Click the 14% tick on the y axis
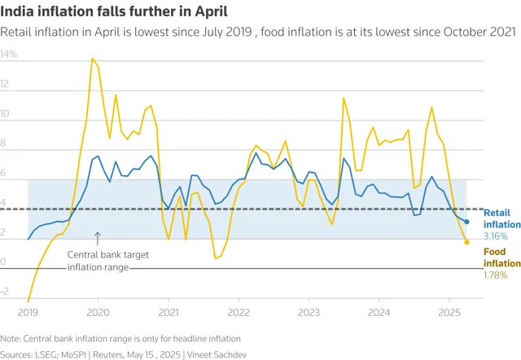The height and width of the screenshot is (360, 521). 8,55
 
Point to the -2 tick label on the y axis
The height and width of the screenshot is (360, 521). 5,291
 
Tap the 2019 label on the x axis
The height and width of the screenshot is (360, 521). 28,311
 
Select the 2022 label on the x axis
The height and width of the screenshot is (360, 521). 239,311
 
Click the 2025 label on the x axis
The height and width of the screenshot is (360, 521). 449,311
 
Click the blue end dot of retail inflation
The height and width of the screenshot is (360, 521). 466,222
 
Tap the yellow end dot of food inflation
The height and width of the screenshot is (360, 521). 466,242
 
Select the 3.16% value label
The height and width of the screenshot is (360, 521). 496,236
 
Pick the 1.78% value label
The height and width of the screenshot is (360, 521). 496,275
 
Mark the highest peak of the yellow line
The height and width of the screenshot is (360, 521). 92,58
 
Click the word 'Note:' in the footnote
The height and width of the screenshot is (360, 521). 11,337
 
